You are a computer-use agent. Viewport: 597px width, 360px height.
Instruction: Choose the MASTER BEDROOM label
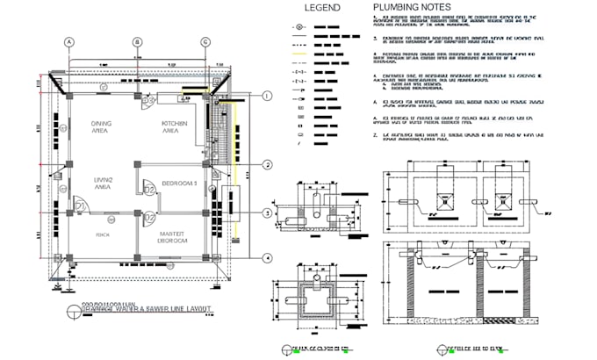(x=174, y=236)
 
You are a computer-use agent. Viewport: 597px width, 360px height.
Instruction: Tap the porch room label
(x=102, y=234)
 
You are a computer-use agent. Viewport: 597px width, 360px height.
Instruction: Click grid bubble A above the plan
(x=68, y=41)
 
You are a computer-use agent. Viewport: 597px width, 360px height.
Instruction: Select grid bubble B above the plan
(x=137, y=41)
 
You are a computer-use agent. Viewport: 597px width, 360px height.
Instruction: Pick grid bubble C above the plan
(x=205, y=41)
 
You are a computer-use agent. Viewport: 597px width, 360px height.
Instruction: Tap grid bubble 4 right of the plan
(x=267, y=258)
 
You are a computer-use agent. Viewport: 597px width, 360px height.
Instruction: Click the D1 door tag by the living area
(x=79, y=207)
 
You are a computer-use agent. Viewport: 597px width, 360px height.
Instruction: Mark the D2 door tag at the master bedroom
(x=149, y=217)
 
